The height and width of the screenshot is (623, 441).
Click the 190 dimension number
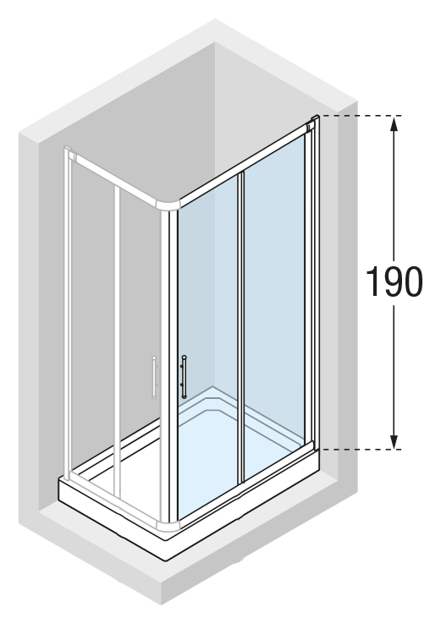[x=394, y=281]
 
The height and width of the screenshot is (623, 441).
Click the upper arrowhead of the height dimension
[x=394, y=124]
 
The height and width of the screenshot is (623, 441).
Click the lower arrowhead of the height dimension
[x=394, y=441]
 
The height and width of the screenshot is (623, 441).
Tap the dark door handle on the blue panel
[x=184, y=377]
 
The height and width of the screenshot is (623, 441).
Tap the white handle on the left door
[x=154, y=377]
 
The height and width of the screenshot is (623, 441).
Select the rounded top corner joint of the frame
[x=168, y=205]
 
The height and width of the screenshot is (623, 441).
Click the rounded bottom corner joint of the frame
[x=168, y=525]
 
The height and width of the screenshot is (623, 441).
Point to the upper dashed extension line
[x=361, y=116]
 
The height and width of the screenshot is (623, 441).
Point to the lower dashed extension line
[x=361, y=450]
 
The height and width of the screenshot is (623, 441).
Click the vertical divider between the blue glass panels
[x=240, y=328]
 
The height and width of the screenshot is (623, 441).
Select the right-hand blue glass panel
[x=274, y=306]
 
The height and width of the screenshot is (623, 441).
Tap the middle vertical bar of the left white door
[x=117, y=342]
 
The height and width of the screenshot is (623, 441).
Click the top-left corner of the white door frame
[x=69, y=150]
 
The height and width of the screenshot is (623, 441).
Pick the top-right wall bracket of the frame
[x=313, y=123]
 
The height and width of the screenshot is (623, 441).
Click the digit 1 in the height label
[x=372, y=281]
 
